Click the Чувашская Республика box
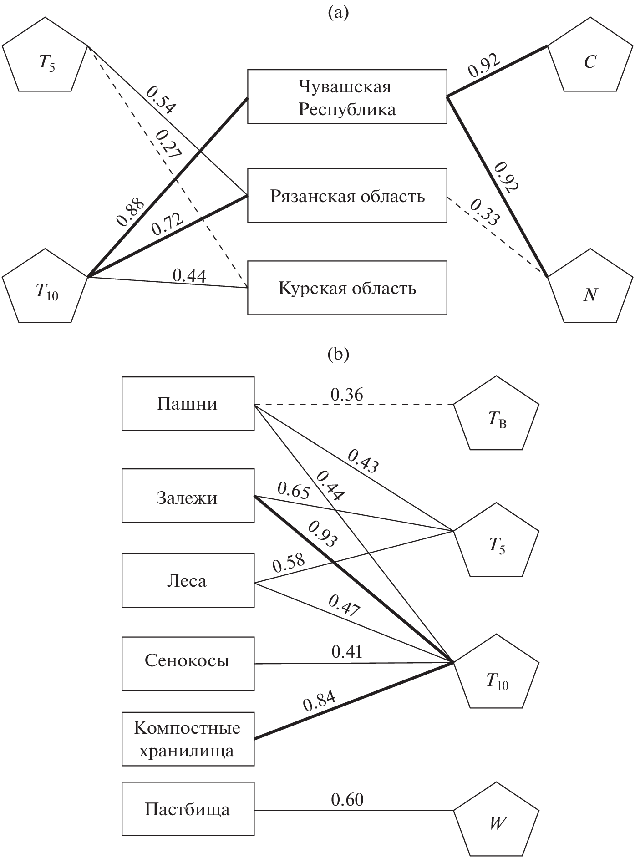click(347, 96)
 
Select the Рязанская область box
click(347, 196)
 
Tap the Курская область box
click(347, 288)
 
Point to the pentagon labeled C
click(590, 57)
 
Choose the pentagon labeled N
click(590, 289)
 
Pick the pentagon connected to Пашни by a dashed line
click(496, 416)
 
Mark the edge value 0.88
click(130, 212)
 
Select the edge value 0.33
click(485, 212)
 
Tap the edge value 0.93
click(323, 534)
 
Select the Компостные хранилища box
click(188, 739)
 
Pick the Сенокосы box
click(188, 663)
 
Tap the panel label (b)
click(338, 355)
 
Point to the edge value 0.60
click(347, 800)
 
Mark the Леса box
click(188, 580)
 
